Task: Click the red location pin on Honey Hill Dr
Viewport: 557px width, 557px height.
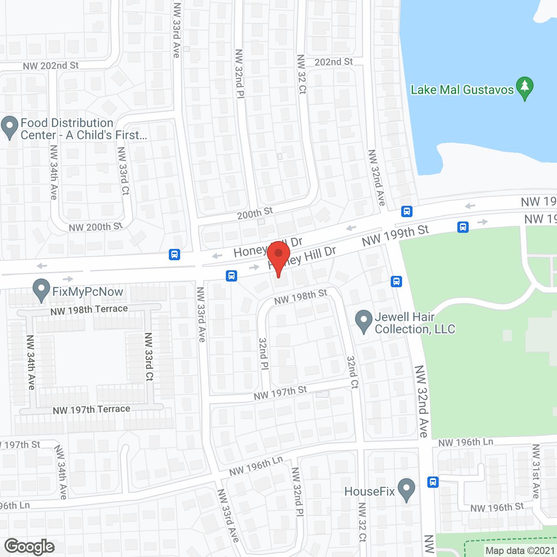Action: tap(278, 255)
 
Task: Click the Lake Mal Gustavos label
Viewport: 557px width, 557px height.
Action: tap(462, 90)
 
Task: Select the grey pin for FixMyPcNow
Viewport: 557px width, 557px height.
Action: tap(41, 289)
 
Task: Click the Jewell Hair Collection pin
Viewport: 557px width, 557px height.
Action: tap(363, 321)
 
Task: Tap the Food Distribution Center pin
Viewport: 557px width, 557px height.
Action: tap(10, 127)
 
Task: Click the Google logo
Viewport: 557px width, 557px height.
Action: tap(30, 547)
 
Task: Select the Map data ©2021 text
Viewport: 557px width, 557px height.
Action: tap(520, 550)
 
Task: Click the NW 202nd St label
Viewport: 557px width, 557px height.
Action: tap(51, 66)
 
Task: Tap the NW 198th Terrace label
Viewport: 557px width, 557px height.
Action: tap(89, 310)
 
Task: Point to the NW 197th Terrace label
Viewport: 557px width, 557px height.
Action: tap(91, 409)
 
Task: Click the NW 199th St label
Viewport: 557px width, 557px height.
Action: tap(395, 235)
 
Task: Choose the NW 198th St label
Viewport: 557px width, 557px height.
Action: tap(301, 297)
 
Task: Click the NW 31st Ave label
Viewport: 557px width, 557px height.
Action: tap(536, 471)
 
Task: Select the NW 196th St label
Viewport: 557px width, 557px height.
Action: tap(497, 507)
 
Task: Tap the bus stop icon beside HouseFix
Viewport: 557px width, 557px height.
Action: tap(433, 482)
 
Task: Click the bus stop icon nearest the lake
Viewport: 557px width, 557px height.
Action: tap(406, 211)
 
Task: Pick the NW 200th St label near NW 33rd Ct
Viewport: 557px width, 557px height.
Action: tap(96, 227)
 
